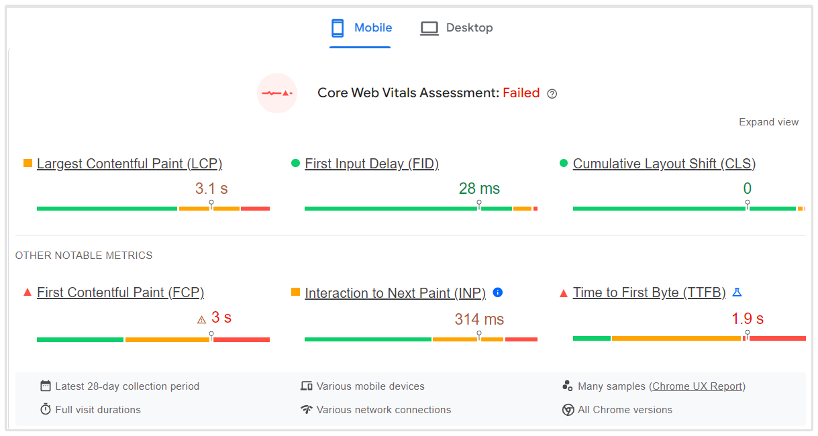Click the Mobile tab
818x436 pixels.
(x=361, y=28)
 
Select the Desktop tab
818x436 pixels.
(x=456, y=28)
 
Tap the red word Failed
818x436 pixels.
(x=521, y=93)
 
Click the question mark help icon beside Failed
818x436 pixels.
(x=552, y=94)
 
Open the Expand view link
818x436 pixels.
(x=768, y=122)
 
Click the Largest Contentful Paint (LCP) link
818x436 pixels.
(x=130, y=164)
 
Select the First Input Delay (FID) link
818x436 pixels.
(x=372, y=164)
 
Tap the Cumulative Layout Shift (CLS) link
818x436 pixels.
(x=664, y=164)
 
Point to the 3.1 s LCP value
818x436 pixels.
(x=211, y=188)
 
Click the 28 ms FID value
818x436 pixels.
(x=479, y=188)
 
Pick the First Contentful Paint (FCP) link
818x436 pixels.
(x=121, y=292)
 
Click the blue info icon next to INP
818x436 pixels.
(x=498, y=292)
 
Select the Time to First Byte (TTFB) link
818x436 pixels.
(x=650, y=292)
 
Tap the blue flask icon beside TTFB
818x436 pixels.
(x=737, y=292)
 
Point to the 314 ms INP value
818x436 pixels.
(x=479, y=319)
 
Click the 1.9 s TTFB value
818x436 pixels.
(x=748, y=319)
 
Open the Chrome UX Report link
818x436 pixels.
(x=697, y=386)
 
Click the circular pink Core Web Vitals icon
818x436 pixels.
(x=277, y=93)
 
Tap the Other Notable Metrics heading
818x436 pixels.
(x=84, y=256)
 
